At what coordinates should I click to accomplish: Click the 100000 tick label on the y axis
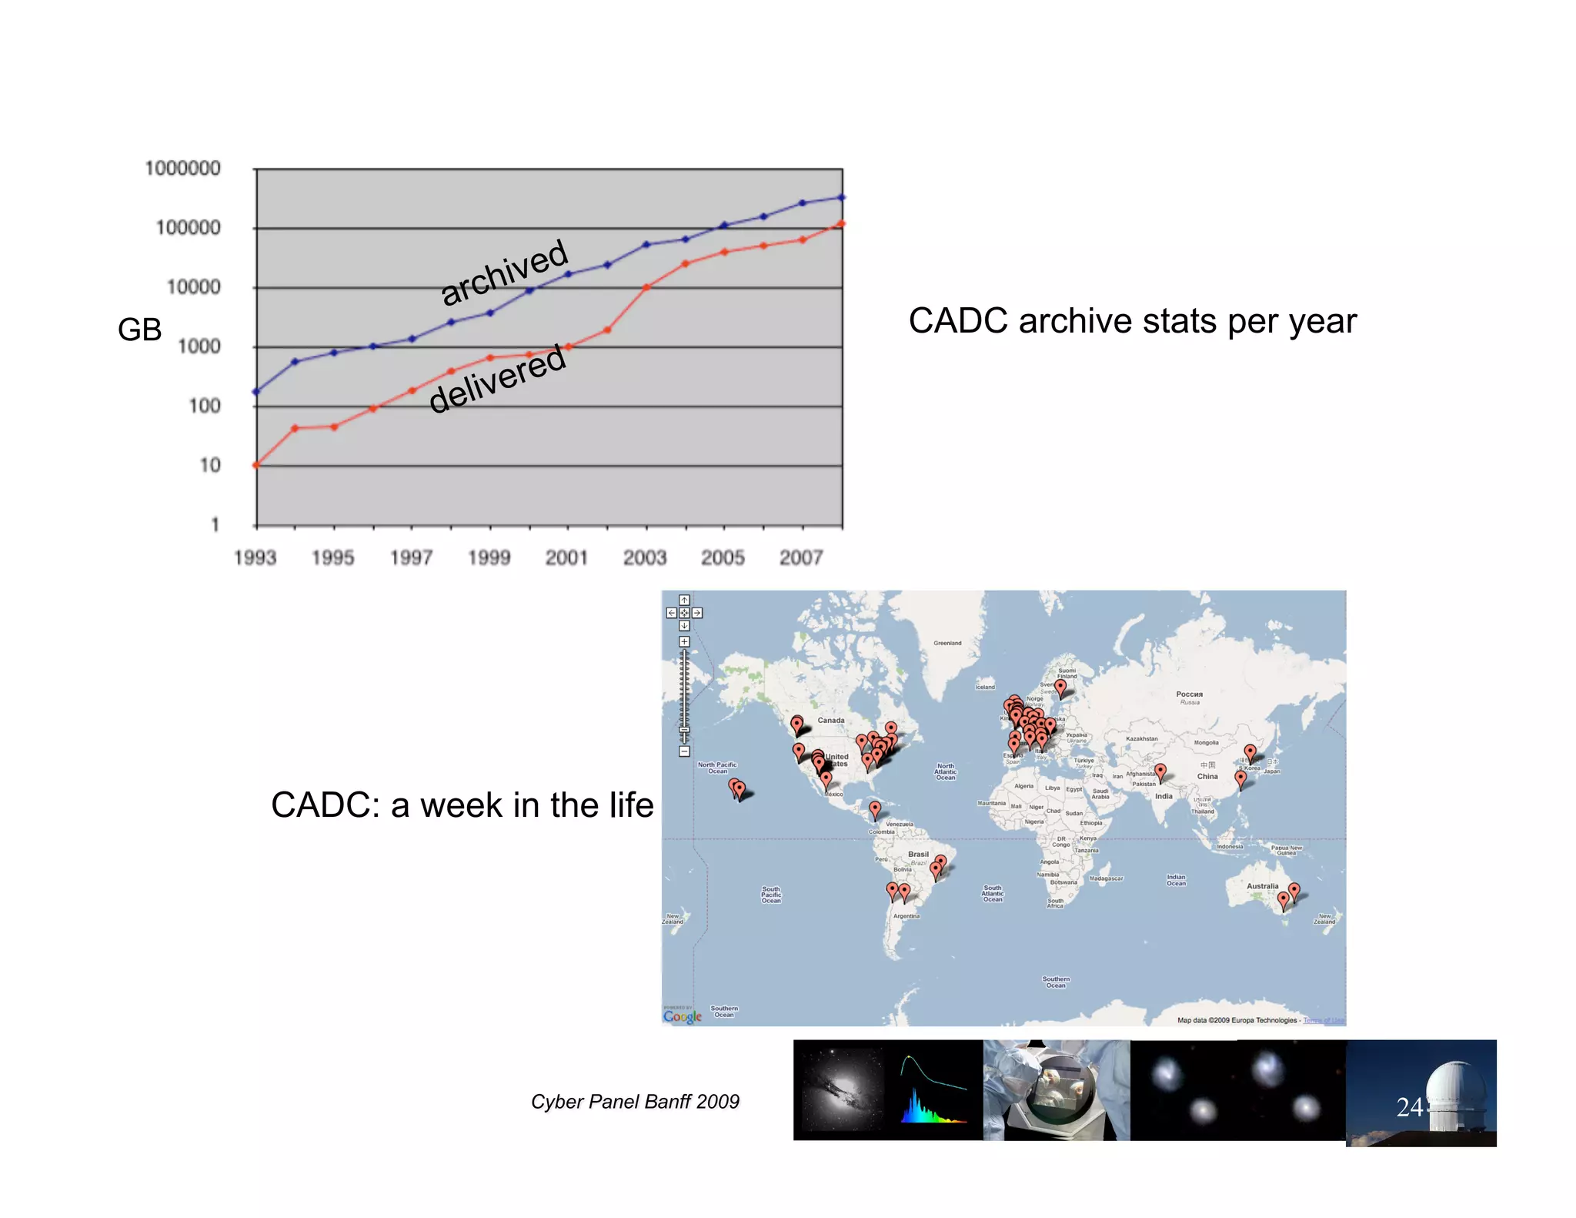(x=188, y=228)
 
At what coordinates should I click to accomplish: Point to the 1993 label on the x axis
(x=255, y=557)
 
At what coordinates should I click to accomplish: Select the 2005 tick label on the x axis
(x=723, y=557)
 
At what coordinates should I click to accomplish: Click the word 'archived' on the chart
(x=505, y=272)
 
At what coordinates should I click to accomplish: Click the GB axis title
(x=139, y=330)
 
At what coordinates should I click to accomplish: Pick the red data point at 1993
(x=256, y=465)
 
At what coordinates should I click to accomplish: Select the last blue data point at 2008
(x=842, y=198)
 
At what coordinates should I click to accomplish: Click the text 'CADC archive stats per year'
(x=1132, y=321)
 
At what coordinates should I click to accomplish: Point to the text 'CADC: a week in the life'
(x=462, y=805)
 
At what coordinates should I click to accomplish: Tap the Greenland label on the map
(x=947, y=643)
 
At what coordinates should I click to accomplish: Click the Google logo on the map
(x=682, y=1016)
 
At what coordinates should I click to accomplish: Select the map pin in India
(x=1160, y=770)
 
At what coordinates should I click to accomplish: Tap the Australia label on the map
(x=1262, y=886)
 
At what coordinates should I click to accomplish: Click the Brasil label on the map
(x=918, y=854)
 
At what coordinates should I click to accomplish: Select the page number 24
(x=1409, y=1107)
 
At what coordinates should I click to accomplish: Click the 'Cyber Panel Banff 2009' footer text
(x=635, y=1102)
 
